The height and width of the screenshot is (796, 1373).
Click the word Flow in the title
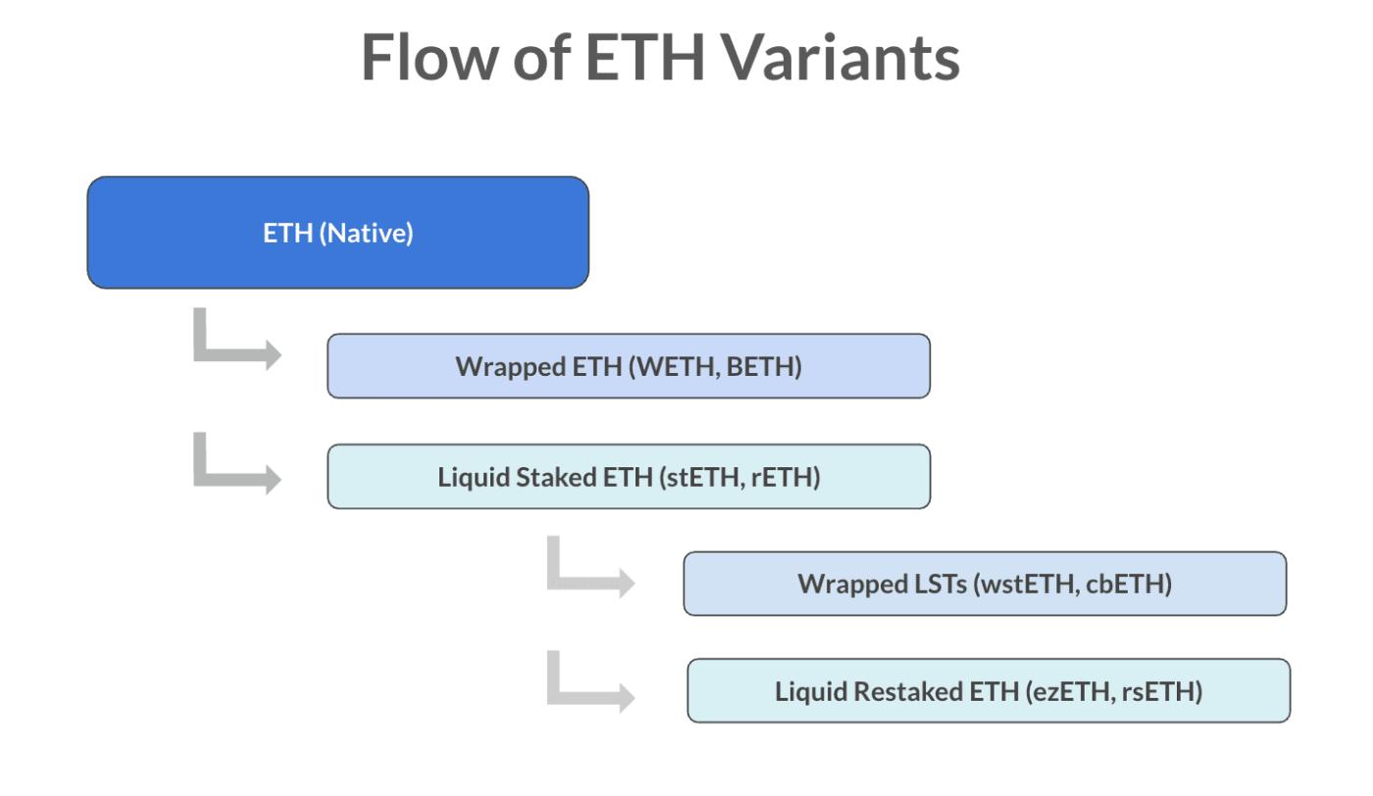tap(429, 57)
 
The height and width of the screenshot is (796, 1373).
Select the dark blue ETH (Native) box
tap(338, 233)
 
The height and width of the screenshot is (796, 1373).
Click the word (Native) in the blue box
tap(366, 234)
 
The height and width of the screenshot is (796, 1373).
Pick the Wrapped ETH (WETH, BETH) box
tap(629, 366)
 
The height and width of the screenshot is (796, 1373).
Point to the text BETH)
tap(764, 367)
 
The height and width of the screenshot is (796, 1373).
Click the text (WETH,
tap(675, 367)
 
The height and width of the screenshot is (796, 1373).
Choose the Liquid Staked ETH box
tap(629, 476)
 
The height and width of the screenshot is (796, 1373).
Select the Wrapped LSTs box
tap(985, 584)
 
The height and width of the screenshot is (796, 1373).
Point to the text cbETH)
tap(1129, 584)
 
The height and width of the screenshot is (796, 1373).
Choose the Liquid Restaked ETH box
tap(989, 691)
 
